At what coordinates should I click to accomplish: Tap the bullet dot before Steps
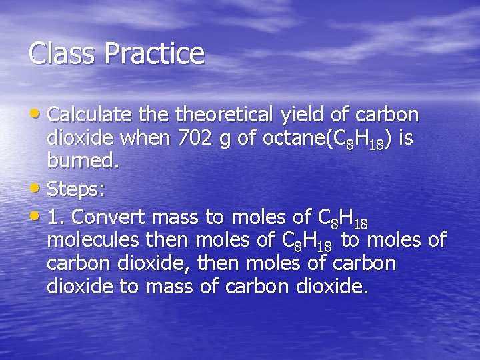37,189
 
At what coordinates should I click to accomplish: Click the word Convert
113,217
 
